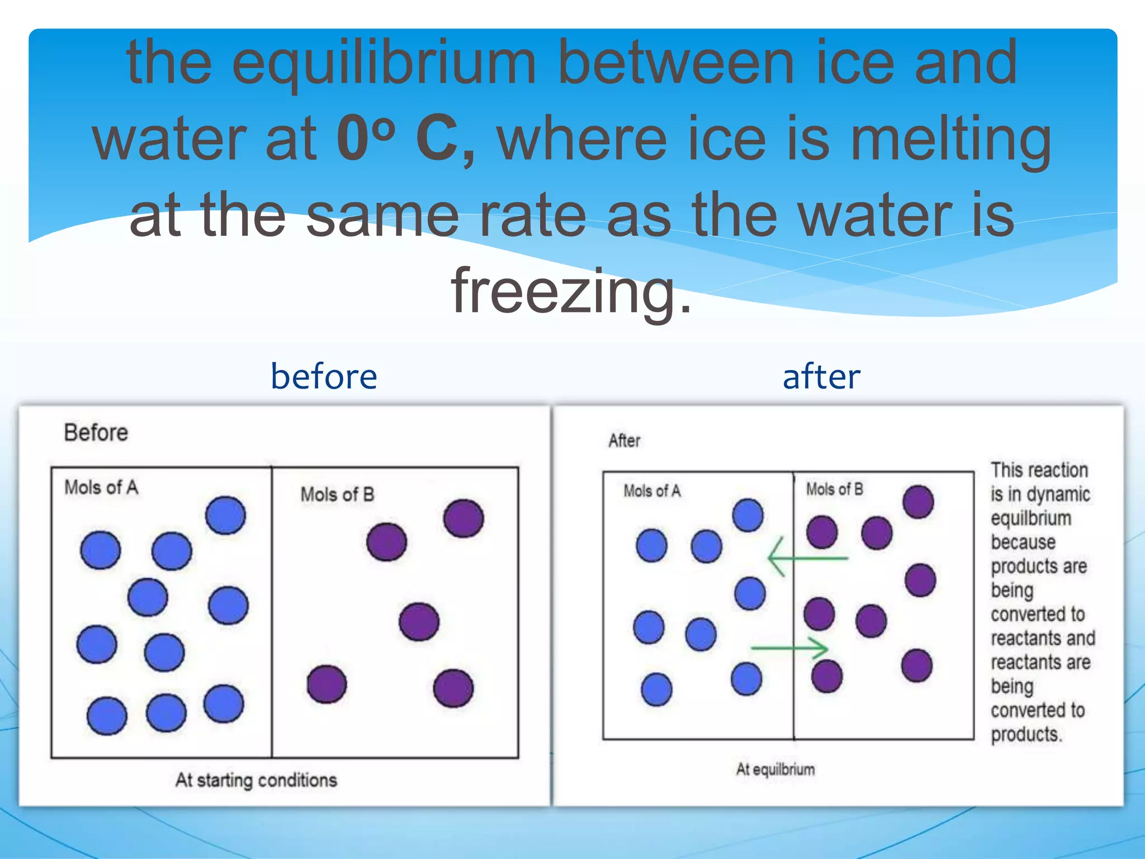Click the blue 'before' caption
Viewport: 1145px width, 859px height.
pyautogui.click(x=324, y=376)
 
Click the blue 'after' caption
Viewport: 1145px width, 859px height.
pyautogui.click(x=821, y=376)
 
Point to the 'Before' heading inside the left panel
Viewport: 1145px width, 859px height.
pyautogui.click(x=96, y=433)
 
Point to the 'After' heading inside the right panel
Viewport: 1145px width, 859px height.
pyautogui.click(x=624, y=441)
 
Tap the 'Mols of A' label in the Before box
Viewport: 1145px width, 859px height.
pyautogui.click(x=101, y=487)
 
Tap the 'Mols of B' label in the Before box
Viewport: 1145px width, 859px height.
pyautogui.click(x=337, y=494)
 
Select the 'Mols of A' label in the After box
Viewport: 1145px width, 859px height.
pyautogui.click(x=652, y=491)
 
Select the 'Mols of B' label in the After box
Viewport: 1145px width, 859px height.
pyautogui.click(x=834, y=489)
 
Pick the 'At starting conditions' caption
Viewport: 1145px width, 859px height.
pyautogui.click(x=256, y=780)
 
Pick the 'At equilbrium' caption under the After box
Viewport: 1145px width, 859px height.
pyautogui.click(x=775, y=770)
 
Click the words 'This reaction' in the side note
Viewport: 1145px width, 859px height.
pyautogui.click(x=1039, y=470)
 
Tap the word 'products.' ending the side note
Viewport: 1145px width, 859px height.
pyautogui.click(x=1026, y=734)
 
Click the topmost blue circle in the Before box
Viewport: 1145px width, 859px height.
pyautogui.click(x=225, y=515)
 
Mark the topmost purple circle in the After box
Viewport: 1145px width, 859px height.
pyautogui.click(x=918, y=502)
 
